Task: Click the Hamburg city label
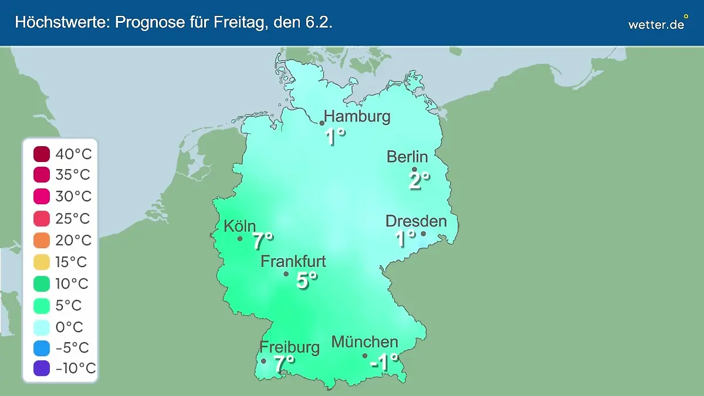357,116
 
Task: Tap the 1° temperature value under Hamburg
335,137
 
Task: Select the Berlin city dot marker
414,170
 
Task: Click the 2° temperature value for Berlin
419,181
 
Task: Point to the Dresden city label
416,221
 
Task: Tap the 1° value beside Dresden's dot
405,239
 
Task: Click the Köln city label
239,226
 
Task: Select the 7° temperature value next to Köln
263,241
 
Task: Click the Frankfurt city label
293,261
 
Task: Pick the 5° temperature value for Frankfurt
306,280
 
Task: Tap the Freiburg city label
290,347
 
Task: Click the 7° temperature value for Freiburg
284,364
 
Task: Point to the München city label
365,341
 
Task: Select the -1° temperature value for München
384,363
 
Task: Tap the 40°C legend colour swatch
42,155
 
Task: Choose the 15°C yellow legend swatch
42,262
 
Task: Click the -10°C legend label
75,368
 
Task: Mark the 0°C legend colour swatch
42,327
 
